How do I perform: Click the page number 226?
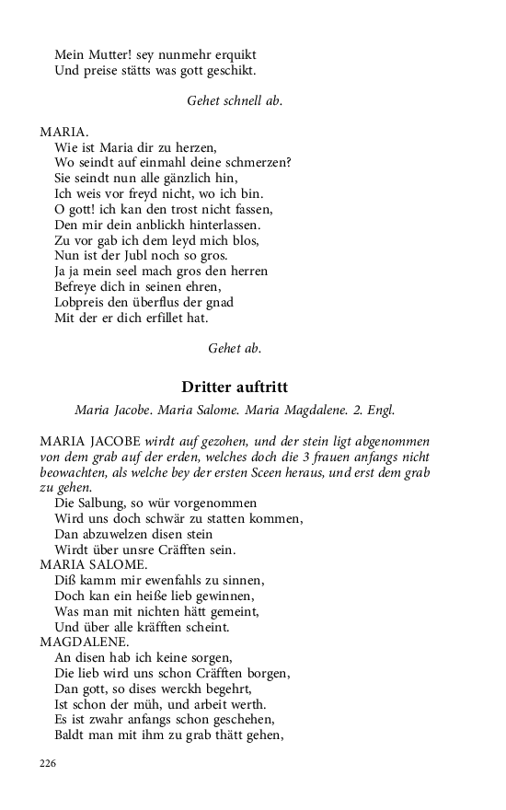pyautogui.click(x=49, y=762)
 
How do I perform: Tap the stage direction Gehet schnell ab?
pyautogui.click(x=235, y=101)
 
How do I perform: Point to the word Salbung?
pyautogui.click(x=109, y=503)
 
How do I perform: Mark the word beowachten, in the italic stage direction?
pyautogui.click(x=75, y=472)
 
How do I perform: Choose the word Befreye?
pyautogui.click(x=80, y=287)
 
